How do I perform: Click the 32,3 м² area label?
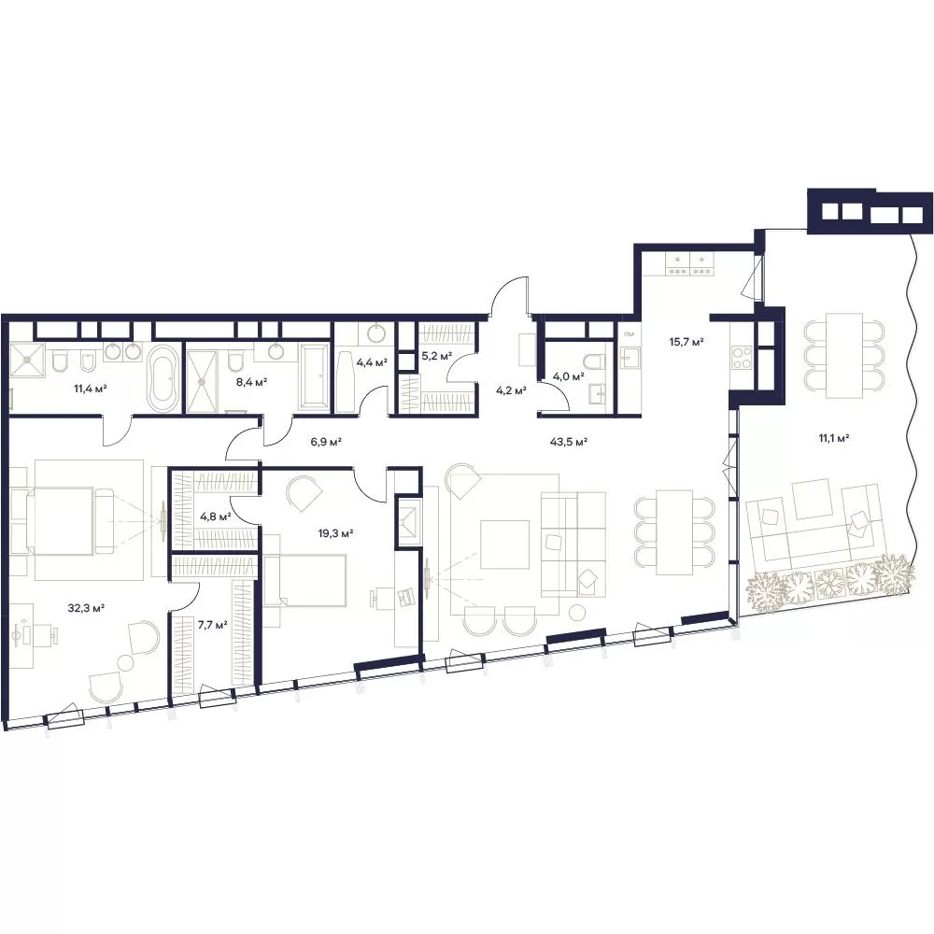tap(86, 608)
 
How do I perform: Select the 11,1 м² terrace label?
tap(833, 438)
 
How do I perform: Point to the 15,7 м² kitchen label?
tap(686, 342)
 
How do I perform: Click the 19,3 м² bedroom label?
tap(335, 533)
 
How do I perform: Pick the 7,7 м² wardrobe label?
tap(213, 625)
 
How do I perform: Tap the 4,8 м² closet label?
tap(216, 516)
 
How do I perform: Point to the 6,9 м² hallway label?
tap(326, 442)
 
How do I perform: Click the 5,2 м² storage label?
tap(436, 356)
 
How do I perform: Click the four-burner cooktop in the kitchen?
tap(741, 358)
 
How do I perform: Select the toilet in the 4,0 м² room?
tap(596, 361)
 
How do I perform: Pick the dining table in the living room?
tap(674, 532)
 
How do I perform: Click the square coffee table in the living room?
tap(504, 545)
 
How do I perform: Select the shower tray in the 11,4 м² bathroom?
tap(27, 360)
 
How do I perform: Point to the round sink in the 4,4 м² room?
tap(375, 333)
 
